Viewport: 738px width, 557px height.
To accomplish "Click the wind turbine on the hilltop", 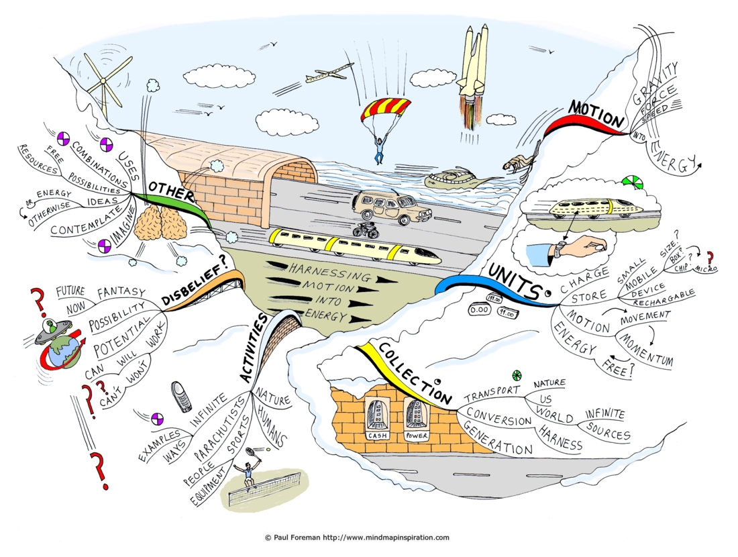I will click(x=104, y=81).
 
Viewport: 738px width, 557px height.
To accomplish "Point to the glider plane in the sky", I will click(x=329, y=73).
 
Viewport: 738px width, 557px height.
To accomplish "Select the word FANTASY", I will click(x=121, y=293).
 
